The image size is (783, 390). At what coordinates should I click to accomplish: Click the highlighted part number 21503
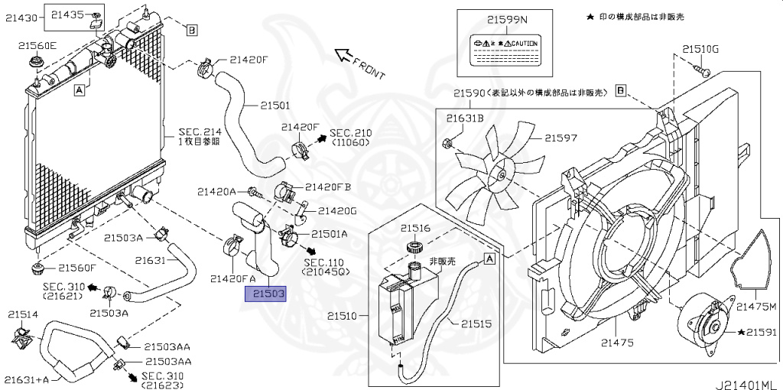(x=265, y=293)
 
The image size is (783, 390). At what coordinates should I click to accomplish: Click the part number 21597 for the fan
(x=561, y=138)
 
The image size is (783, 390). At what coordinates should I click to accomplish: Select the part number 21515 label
(x=476, y=323)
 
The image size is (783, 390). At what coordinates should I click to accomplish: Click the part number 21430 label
(x=21, y=18)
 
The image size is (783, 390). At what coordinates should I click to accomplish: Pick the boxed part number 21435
(x=67, y=14)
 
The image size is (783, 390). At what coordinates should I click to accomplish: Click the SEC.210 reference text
(x=350, y=132)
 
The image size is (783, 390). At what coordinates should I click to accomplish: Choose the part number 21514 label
(x=23, y=314)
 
